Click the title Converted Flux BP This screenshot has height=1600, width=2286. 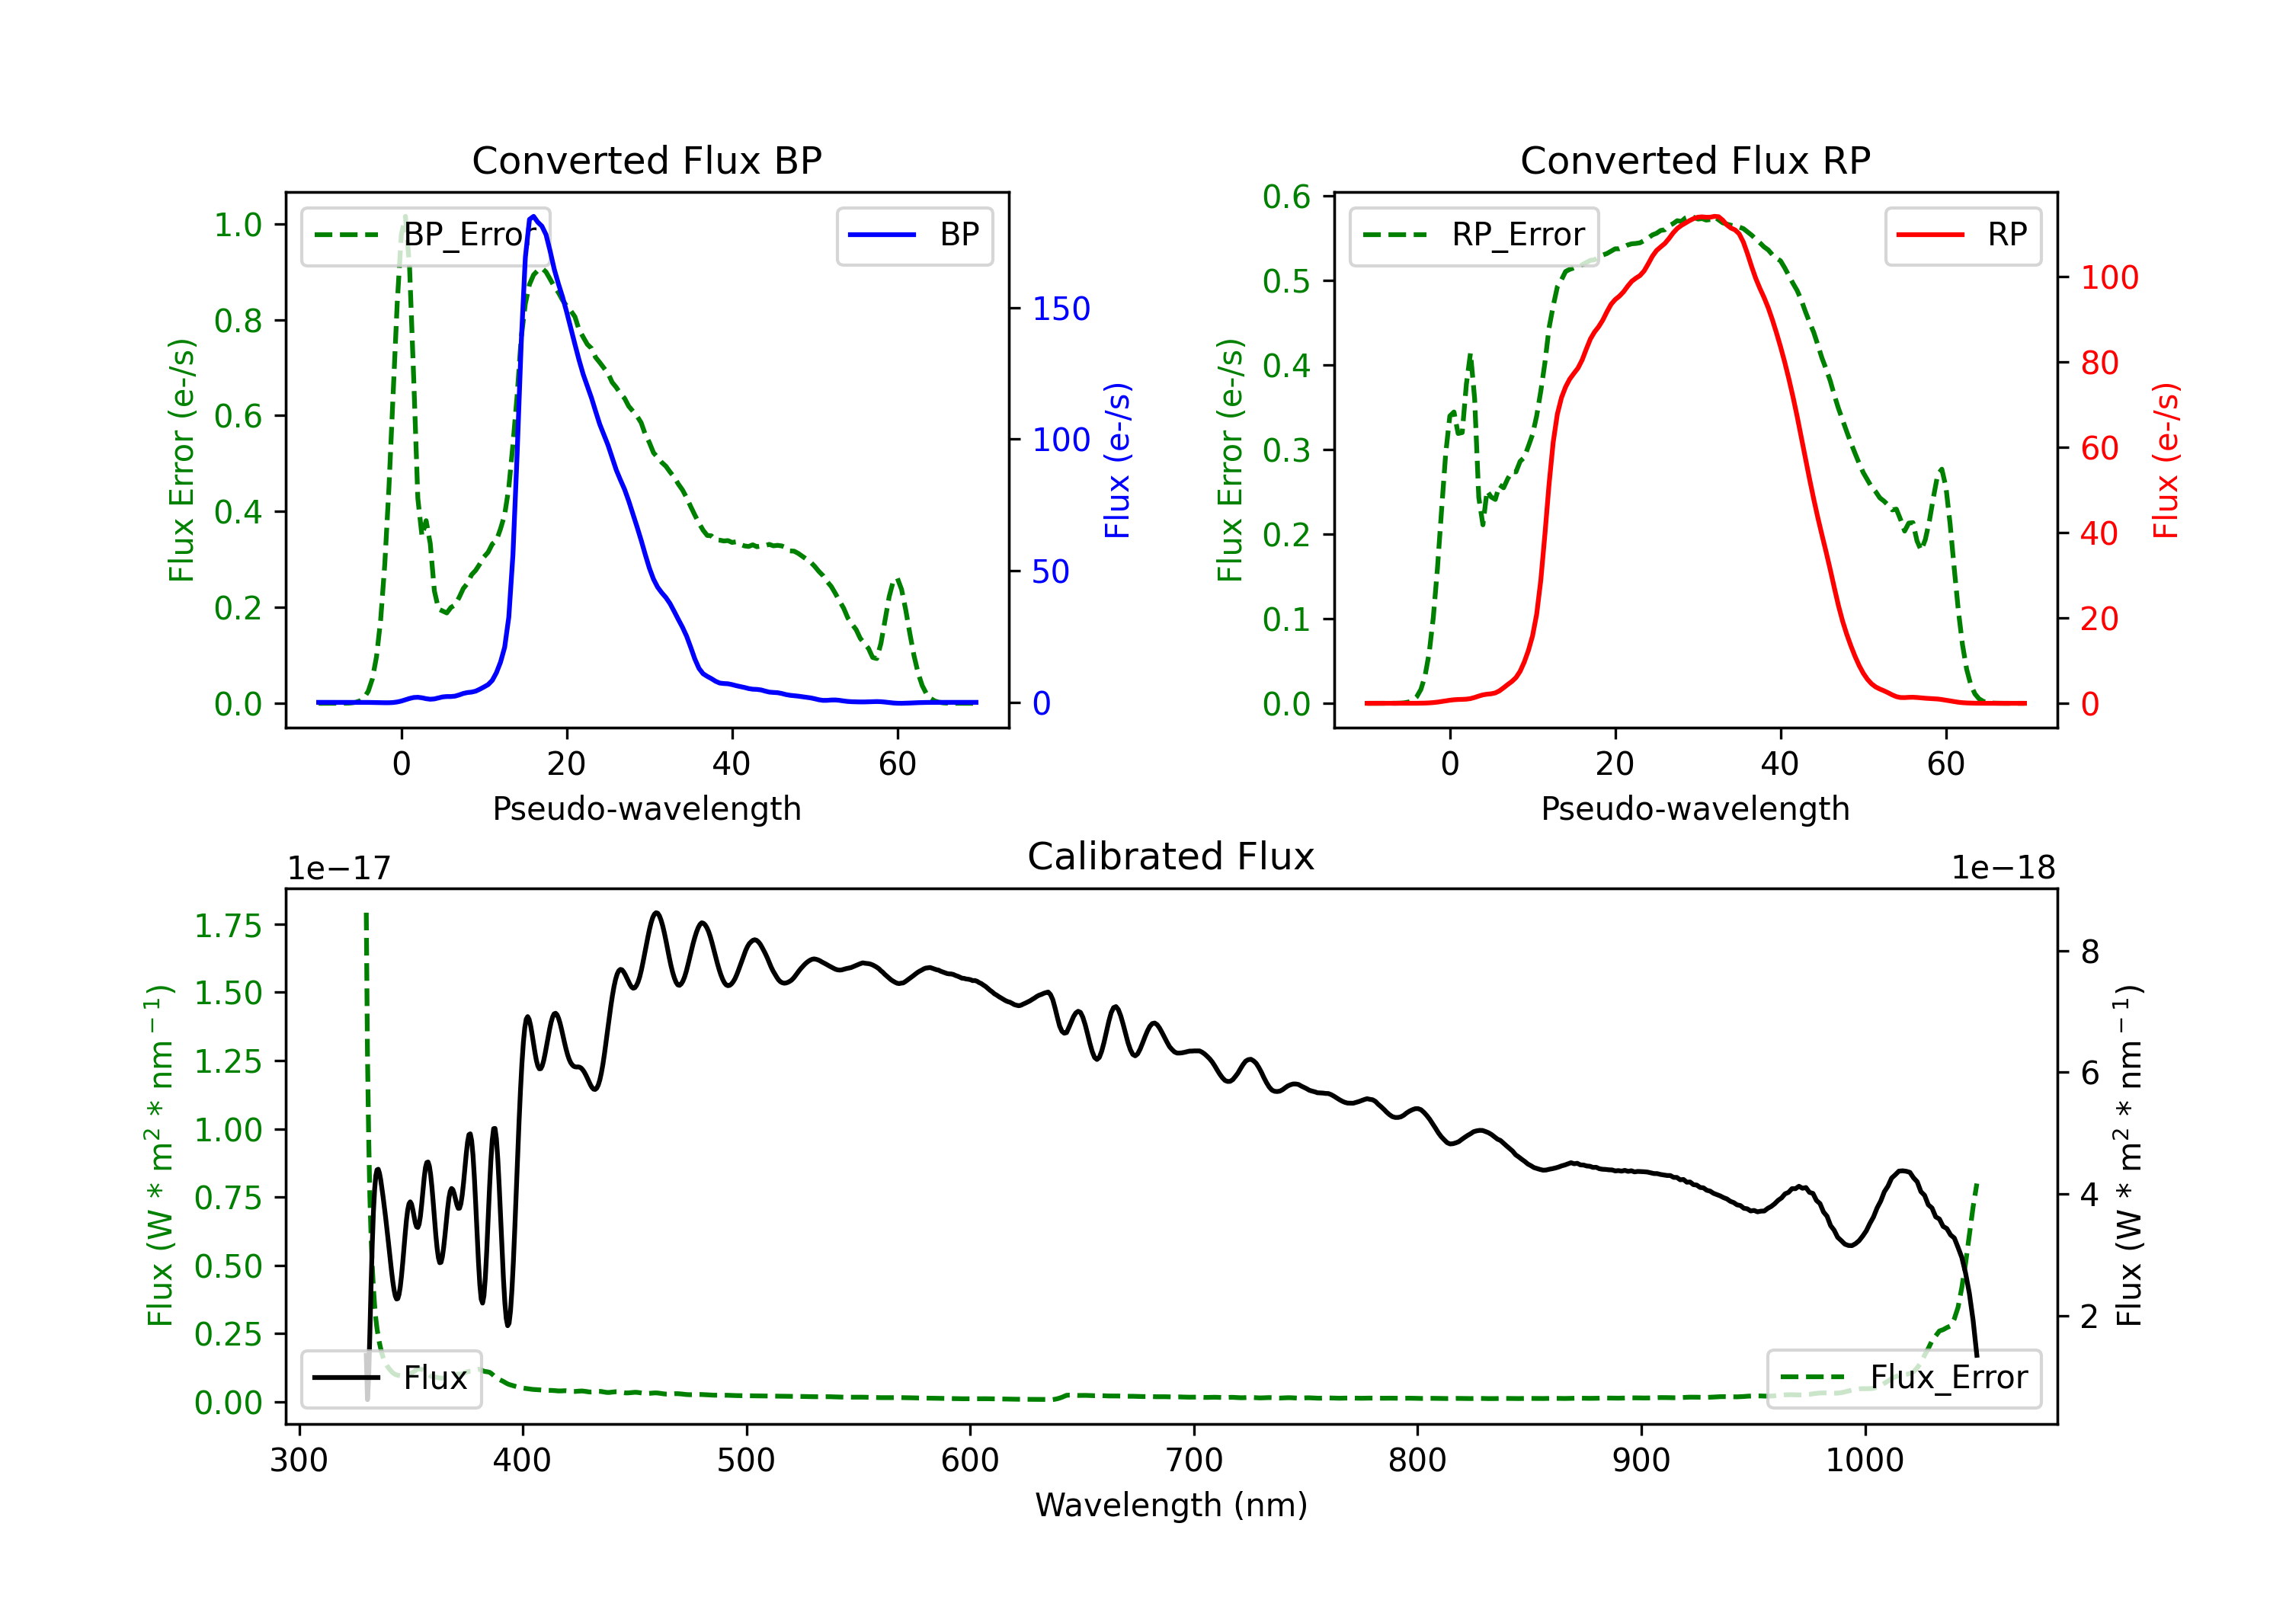646,160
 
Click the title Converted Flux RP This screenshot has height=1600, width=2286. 1695,160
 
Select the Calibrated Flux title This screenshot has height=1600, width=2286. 1171,856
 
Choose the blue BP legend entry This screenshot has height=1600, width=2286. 914,235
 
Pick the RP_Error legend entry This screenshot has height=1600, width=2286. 1474,235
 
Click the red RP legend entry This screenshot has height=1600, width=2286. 1962,235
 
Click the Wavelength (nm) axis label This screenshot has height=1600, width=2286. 1171,1505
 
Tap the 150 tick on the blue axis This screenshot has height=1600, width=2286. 1061,309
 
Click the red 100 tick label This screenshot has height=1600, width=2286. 2110,278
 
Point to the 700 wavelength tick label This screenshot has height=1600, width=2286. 1194,1460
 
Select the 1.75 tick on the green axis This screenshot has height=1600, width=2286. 228,926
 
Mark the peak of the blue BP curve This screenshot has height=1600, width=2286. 533,216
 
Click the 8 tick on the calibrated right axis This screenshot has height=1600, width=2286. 2090,952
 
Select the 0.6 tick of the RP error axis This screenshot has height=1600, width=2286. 1286,197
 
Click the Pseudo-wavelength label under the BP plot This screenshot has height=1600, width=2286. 646,808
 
